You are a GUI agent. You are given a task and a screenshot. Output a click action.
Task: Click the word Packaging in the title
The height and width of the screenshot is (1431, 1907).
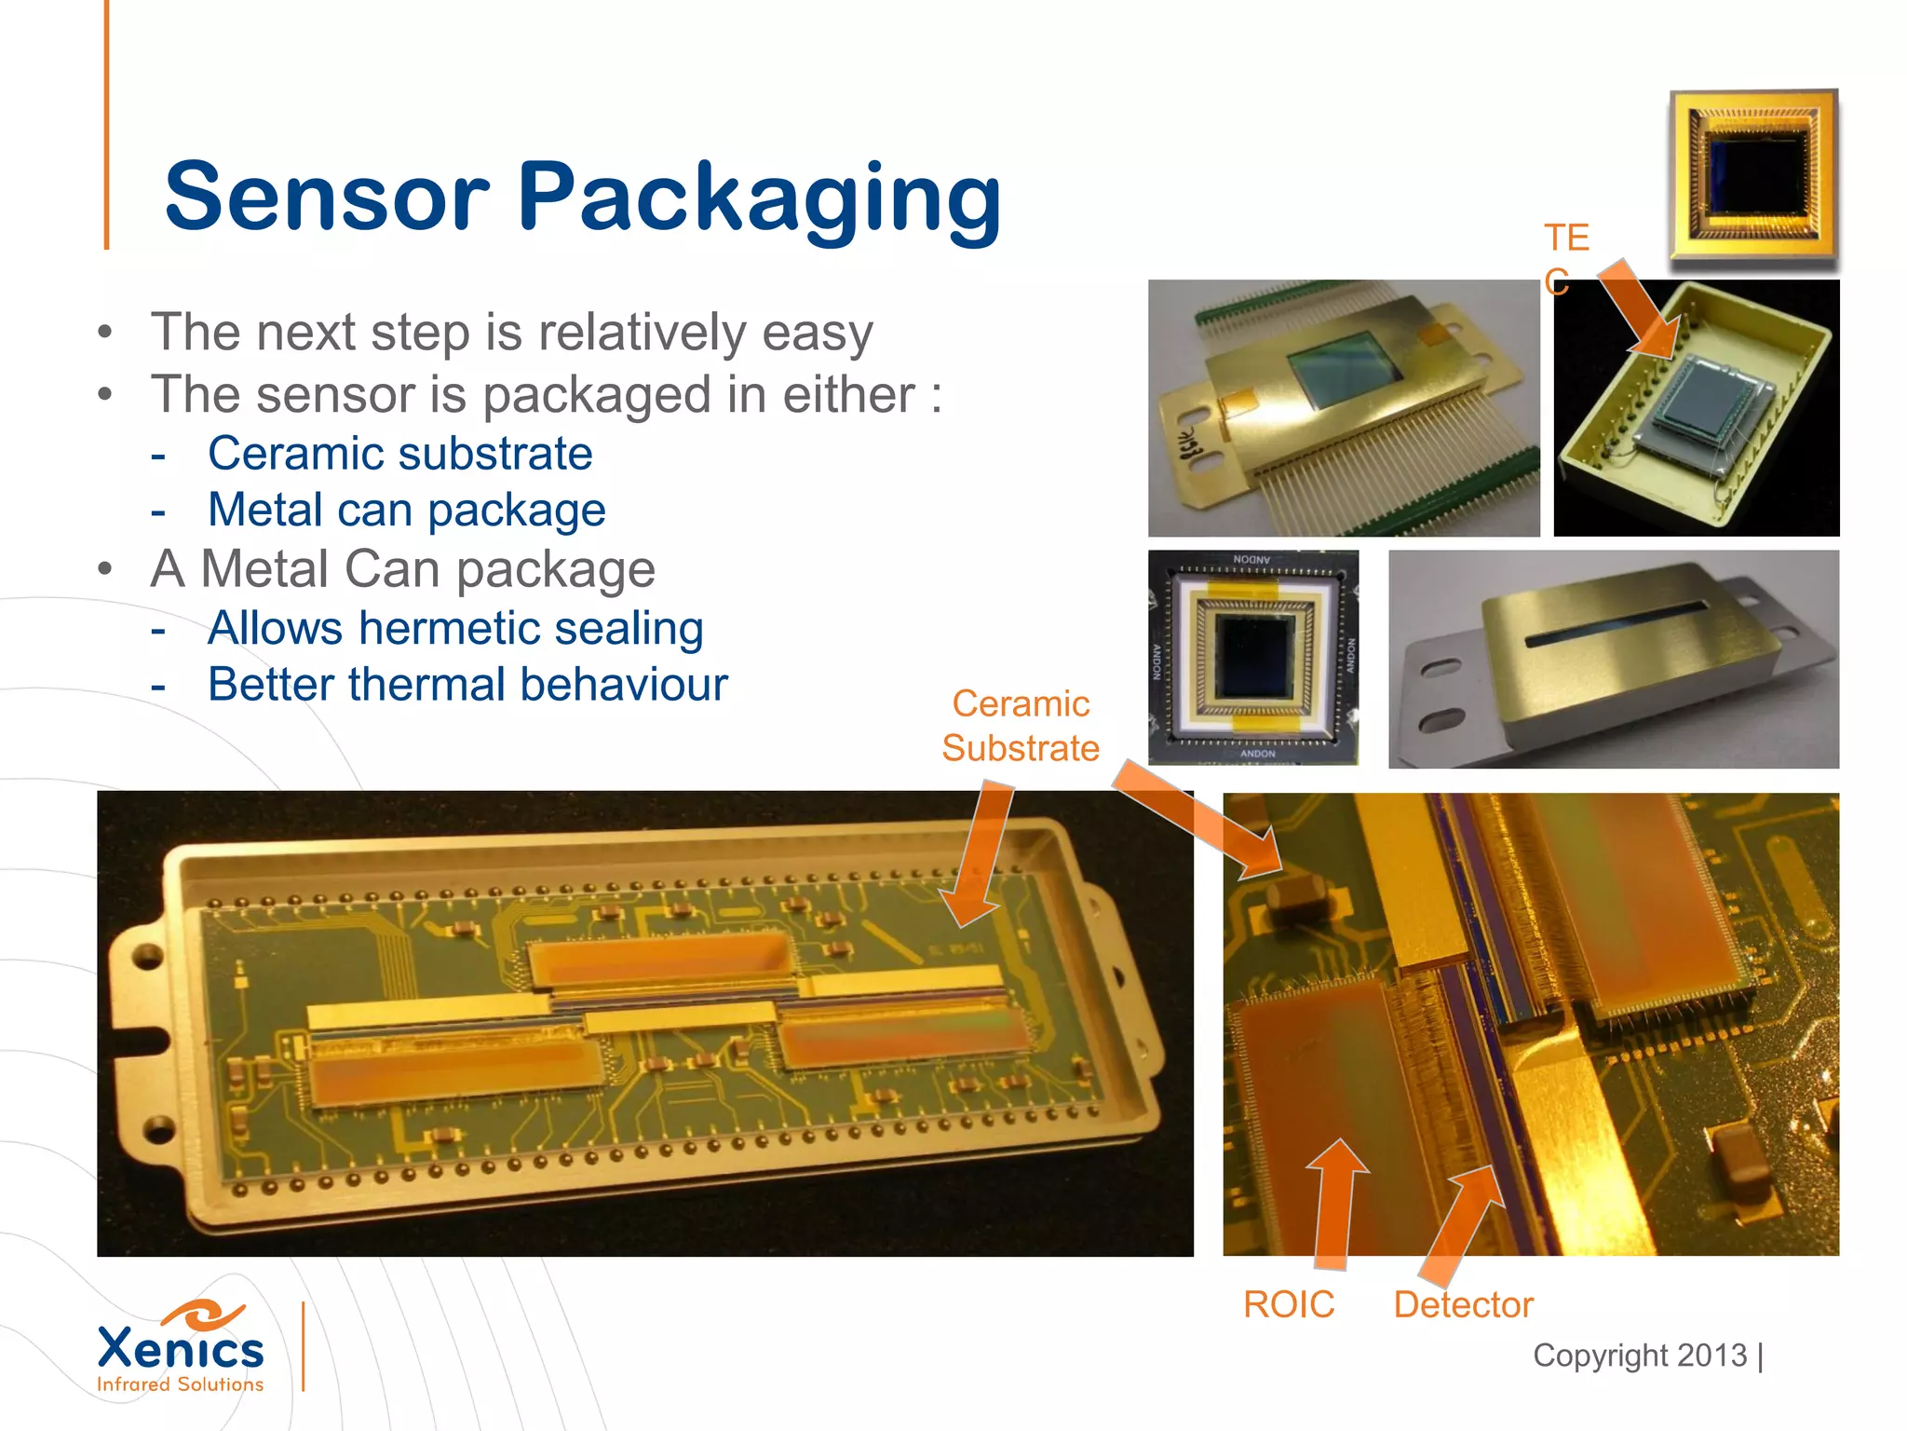click(x=759, y=198)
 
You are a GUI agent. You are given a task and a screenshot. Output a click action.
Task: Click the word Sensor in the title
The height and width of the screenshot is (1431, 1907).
click(x=326, y=198)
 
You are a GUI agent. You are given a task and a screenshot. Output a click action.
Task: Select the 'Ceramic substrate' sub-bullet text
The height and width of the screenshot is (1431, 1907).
click(x=399, y=454)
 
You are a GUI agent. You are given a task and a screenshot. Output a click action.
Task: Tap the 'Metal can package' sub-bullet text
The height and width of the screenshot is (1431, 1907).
click(x=406, y=511)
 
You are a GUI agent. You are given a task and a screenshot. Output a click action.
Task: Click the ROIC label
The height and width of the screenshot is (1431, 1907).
click(x=1288, y=1304)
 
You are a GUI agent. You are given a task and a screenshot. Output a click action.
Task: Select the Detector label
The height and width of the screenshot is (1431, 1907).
click(x=1463, y=1304)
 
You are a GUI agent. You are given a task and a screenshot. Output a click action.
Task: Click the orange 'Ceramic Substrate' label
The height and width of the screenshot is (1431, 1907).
click(x=1021, y=726)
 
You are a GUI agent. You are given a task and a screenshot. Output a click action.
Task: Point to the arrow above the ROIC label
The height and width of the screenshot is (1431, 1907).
click(x=1338, y=1202)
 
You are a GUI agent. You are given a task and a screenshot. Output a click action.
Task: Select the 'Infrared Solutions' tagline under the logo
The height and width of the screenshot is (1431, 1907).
click(x=180, y=1384)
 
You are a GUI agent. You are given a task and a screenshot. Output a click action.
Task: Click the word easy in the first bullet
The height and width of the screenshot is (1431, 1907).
click(x=817, y=333)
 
